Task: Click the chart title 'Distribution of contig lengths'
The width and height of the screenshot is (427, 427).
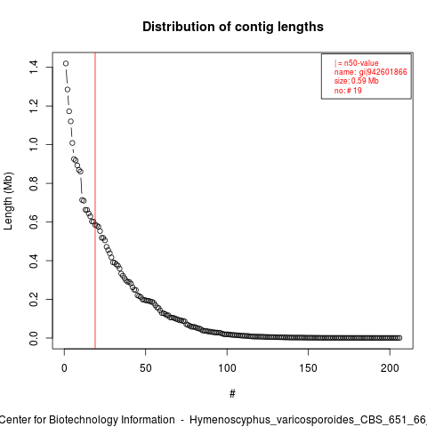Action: (x=233, y=27)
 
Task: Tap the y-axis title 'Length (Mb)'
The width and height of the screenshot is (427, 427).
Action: (x=8, y=201)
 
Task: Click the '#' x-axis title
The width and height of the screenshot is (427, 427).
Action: (x=232, y=394)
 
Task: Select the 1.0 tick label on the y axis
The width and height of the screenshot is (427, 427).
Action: (x=34, y=144)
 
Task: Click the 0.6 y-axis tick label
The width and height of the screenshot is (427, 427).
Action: (x=34, y=222)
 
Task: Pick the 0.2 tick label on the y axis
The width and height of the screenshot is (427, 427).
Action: (x=34, y=299)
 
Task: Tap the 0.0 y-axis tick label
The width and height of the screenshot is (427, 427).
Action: (x=34, y=338)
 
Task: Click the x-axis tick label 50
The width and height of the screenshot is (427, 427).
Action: (x=146, y=368)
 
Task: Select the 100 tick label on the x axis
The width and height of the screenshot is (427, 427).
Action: (x=227, y=368)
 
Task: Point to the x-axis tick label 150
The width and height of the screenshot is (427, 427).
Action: (x=309, y=368)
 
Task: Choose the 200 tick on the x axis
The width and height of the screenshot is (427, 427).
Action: (x=390, y=368)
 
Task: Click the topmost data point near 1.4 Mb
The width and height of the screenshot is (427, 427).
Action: (x=66, y=63)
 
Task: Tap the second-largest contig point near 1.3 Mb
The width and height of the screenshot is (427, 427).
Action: (x=68, y=90)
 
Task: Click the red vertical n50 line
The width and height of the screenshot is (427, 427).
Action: (x=95, y=201)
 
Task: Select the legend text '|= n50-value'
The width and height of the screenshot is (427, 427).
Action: (x=357, y=63)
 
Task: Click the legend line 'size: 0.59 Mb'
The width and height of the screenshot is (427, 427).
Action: (x=357, y=81)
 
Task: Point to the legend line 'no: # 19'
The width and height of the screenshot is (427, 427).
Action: (x=348, y=90)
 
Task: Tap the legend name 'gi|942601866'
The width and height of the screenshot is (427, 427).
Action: (x=383, y=72)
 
